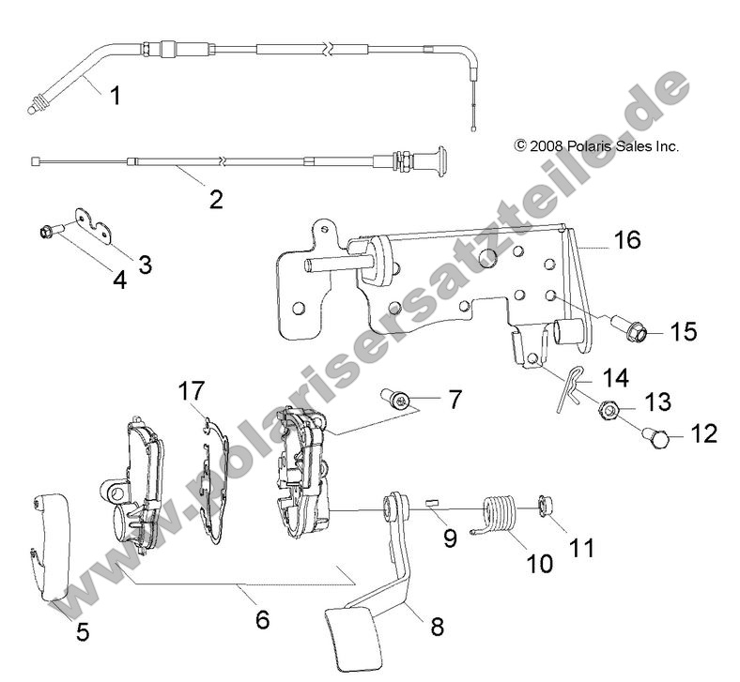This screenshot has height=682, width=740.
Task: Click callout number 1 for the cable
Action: (115, 95)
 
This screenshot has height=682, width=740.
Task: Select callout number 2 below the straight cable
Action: (216, 199)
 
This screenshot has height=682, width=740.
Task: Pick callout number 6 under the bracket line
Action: (262, 619)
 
